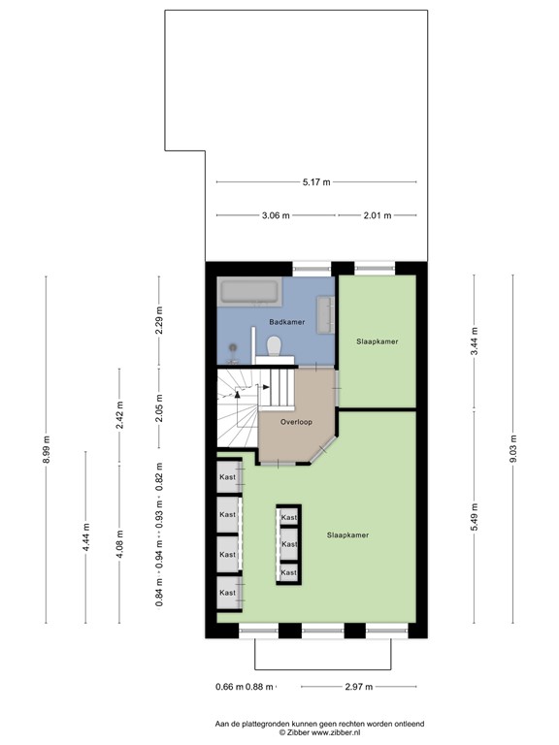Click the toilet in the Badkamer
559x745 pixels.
pos(275,344)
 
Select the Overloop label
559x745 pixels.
pos(296,423)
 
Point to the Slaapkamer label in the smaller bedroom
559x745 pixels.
pos(378,341)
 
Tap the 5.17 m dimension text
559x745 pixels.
pos(316,181)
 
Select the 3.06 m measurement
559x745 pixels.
pos(276,215)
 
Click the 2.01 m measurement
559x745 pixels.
pos(377,215)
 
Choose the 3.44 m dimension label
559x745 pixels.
pos(475,341)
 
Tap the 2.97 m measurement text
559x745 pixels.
pos(359,687)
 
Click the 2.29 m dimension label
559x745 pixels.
pos(160,320)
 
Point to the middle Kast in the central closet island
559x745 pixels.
pos(288,545)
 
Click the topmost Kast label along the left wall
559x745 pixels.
pos(227,477)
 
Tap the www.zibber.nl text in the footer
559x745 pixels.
pos(312,732)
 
